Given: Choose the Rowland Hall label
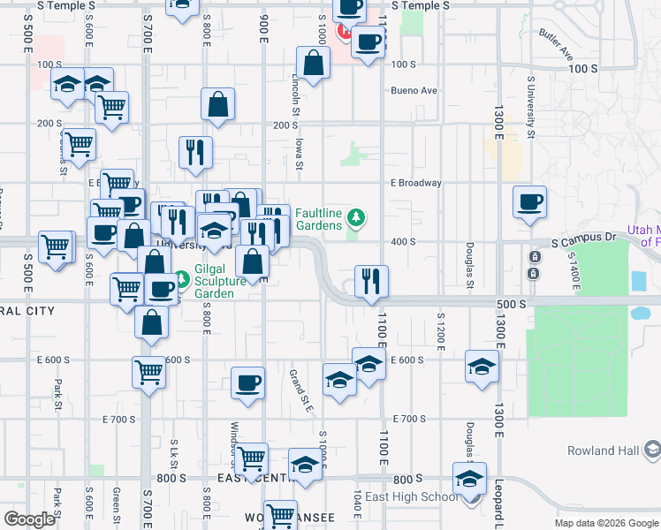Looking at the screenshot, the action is [603, 450].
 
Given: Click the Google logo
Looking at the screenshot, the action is [29, 519].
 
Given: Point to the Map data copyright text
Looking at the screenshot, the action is [605, 523].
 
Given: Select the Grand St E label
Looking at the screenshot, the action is [301, 390].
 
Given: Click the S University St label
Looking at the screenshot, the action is [531, 106].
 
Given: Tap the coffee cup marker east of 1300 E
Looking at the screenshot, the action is [529, 201].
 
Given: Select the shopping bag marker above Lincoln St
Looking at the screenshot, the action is [313, 64].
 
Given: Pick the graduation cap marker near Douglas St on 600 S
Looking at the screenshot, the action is [482, 367].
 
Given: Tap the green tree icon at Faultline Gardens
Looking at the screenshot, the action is [355, 217].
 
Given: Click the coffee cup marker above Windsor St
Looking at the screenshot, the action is [247, 383].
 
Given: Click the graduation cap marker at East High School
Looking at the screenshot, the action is [469, 479].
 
